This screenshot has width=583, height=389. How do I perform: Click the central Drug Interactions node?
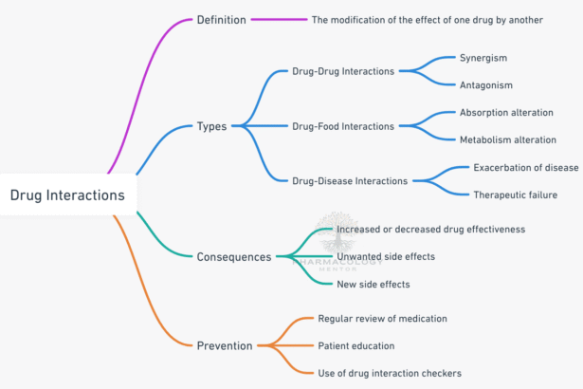[x=67, y=195]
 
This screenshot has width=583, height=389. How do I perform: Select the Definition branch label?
[x=221, y=19]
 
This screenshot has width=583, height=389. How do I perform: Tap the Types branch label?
[x=211, y=126]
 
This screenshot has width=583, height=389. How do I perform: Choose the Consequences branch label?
[x=234, y=256]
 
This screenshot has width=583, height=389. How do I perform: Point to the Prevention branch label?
[x=225, y=345]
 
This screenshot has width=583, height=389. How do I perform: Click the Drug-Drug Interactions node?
[x=344, y=71]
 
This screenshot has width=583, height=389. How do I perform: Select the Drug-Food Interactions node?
[x=344, y=126]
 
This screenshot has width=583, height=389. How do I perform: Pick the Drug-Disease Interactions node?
[x=350, y=180]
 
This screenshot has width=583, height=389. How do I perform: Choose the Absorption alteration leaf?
[x=507, y=113]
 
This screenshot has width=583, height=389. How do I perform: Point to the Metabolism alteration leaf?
[x=508, y=139]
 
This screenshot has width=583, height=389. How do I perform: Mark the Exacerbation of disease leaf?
[x=525, y=167]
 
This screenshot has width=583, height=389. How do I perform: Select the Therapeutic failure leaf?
[x=515, y=194]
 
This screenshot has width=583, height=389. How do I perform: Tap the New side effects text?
[x=373, y=284]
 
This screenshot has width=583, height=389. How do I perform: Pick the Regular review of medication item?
[x=395, y=318]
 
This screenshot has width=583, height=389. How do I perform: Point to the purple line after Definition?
[x=280, y=19]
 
